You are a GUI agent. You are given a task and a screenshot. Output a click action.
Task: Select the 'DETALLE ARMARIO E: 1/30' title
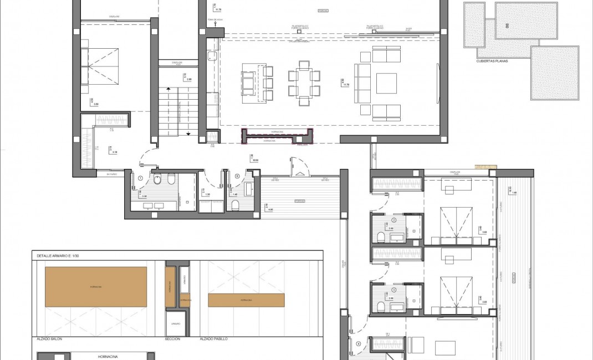pos(60,256)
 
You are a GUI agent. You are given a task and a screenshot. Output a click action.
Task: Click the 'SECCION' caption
pos(172,338)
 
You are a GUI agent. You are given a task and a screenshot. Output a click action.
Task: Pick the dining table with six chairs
pos(304,83)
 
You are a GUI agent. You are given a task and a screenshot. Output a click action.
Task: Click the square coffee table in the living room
pos(386,84)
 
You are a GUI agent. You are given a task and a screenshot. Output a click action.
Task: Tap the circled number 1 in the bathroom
pos(141,178)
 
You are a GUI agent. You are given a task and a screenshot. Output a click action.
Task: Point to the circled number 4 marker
pos(359,343)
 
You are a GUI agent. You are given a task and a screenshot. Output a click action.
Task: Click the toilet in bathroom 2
pos(381,238)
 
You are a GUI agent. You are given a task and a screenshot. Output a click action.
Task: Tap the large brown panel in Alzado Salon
pos(96,287)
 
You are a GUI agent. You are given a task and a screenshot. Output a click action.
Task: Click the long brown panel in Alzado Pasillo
pos(246,300)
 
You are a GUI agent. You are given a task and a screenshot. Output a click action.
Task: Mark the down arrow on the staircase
pos(188,133)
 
